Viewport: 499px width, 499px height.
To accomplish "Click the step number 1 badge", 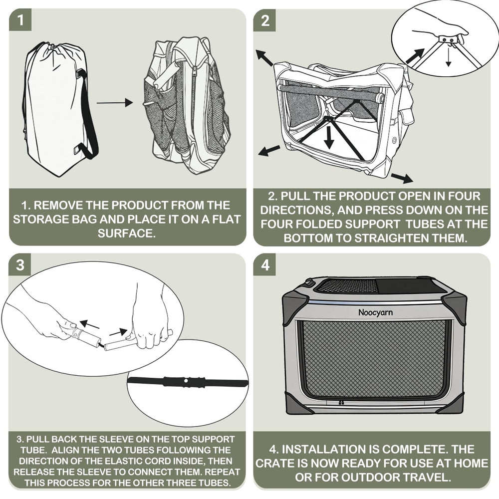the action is [20, 20].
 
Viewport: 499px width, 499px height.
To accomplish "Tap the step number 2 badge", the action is [264, 20].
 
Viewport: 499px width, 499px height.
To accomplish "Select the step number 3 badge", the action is [20, 264].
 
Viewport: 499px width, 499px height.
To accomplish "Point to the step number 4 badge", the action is [264, 264].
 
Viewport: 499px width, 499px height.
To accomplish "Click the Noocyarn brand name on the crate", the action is [376, 312].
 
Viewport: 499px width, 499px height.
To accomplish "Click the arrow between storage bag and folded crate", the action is [115, 103].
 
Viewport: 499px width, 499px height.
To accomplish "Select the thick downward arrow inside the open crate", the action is [329, 136].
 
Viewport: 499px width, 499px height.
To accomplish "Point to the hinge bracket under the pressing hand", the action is [448, 39].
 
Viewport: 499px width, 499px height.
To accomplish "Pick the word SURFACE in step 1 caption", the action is [127, 233].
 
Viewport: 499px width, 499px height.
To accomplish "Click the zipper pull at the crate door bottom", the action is [341, 403].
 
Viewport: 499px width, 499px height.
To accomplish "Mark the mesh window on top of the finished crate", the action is [348, 286].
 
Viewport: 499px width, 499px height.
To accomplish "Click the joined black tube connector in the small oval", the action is [188, 382].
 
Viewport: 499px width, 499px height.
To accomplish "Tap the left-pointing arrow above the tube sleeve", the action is [89, 325].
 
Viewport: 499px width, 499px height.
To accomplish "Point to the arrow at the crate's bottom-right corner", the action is [402, 178].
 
